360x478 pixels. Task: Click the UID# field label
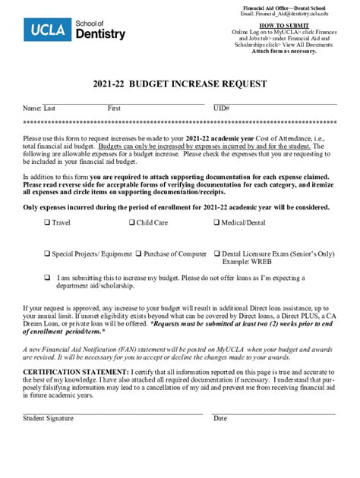pyautogui.click(x=221, y=108)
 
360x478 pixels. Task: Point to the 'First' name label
pyautogui.click(x=114, y=108)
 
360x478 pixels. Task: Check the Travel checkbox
pyautogui.click(x=47, y=223)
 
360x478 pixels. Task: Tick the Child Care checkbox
pyautogui.click(x=132, y=223)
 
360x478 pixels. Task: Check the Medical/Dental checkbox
pyautogui.click(x=216, y=223)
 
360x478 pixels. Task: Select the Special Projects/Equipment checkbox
pyautogui.click(x=47, y=254)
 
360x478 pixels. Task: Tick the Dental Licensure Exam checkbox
pyautogui.click(x=216, y=254)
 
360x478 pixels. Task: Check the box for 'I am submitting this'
pyautogui.click(x=47, y=278)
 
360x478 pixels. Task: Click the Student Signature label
pyautogui.click(x=48, y=418)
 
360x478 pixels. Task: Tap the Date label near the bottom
pyautogui.click(x=220, y=418)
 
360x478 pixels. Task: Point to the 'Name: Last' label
pyautogui.click(x=39, y=108)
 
